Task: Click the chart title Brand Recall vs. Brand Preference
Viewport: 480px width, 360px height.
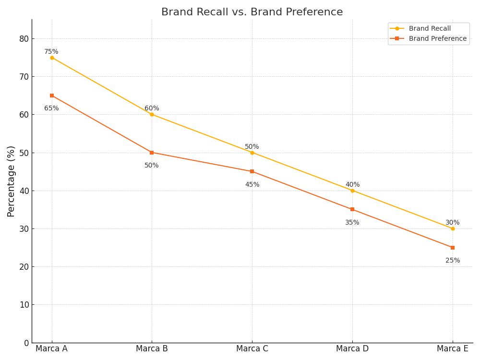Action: (252, 12)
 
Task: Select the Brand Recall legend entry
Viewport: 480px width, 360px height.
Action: (420, 28)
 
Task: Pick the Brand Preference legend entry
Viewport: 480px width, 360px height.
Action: (428, 38)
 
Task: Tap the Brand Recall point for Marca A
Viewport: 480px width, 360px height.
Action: (52, 58)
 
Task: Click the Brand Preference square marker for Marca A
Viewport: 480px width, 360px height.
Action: (52, 96)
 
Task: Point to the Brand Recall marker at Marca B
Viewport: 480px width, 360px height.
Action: (152, 115)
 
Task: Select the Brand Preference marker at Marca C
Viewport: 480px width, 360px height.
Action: (252, 171)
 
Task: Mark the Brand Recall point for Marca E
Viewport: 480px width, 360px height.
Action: (453, 228)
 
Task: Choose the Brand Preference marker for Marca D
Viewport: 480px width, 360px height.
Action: (352, 209)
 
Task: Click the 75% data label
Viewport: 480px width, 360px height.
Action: (51, 51)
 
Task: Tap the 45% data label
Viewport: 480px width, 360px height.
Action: (252, 184)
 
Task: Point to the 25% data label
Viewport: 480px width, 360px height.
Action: (453, 260)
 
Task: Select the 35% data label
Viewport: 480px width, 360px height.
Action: (352, 222)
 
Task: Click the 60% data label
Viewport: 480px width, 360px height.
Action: (152, 108)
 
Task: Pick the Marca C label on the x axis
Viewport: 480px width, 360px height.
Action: (252, 348)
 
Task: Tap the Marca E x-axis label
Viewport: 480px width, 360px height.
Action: (453, 348)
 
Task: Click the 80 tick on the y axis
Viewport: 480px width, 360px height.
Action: (24, 39)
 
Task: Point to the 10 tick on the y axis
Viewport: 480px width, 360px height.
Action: (24, 305)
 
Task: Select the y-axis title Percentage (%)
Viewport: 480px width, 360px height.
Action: (11, 181)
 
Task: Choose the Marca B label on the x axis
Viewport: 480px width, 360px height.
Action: (152, 348)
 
